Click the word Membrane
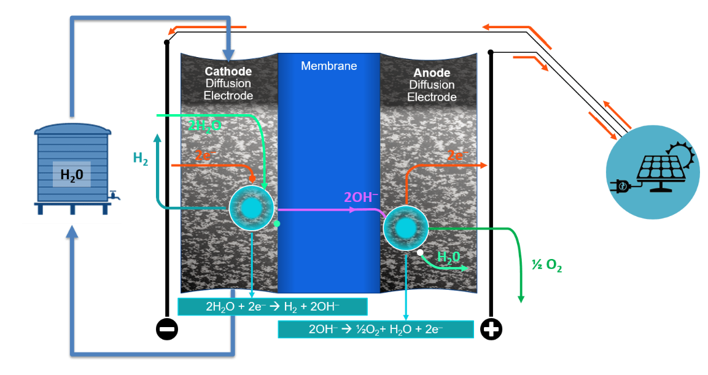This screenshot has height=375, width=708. pyautogui.click(x=329, y=66)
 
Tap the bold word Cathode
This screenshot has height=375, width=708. pyautogui.click(x=228, y=72)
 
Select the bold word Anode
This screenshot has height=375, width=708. pyautogui.click(x=432, y=73)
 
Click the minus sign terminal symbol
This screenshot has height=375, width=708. pyautogui.click(x=167, y=329)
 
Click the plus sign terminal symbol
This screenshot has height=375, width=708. pyautogui.click(x=491, y=329)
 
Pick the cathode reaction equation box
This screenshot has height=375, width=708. pyautogui.click(x=272, y=306)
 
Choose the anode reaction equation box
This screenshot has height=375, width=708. pyautogui.click(x=376, y=329)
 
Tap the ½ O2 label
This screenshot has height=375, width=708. pyautogui.click(x=547, y=266)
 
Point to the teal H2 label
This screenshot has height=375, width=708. pyautogui.click(x=141, y=158)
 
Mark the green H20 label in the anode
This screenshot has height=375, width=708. pyautogui.click(x=448, y=257)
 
